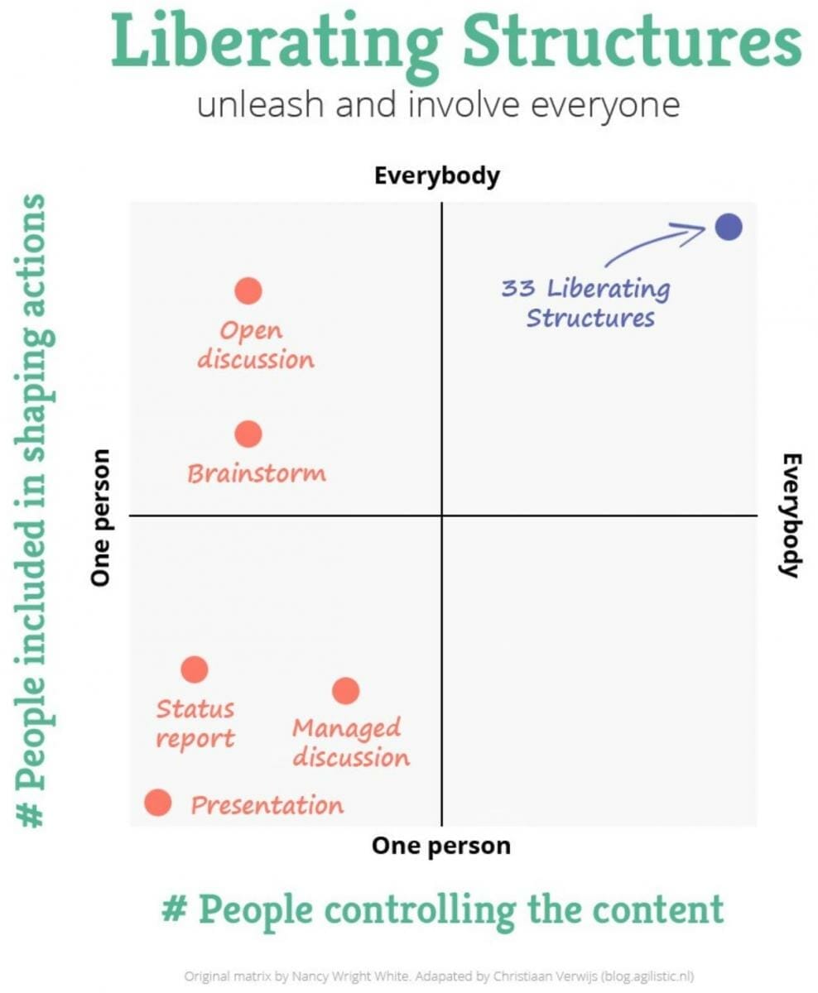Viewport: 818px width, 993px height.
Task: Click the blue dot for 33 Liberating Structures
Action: tap(729, 226)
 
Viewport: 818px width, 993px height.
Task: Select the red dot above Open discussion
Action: tap(248, 291)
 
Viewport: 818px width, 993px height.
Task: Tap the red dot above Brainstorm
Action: tap(248, 434)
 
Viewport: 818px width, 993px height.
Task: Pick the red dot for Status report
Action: tap(195, 669)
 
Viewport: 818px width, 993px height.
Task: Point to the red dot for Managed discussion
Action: tap(345, 690)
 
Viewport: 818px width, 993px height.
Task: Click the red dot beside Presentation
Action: tap(157, 803)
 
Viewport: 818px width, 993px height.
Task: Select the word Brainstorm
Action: tap(257, 473)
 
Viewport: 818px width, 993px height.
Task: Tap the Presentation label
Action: tap(267, 805)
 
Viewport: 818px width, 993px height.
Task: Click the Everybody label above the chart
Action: tap(437, 176)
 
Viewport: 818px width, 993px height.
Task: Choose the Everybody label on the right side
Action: tap(792, 515)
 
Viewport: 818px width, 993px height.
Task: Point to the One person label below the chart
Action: tap(440, 846)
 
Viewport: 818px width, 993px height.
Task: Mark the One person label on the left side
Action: tap(101, 517)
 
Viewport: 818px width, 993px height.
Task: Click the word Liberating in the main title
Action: tap(277, 41)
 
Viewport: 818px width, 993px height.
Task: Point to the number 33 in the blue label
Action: tap(519, 290)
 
